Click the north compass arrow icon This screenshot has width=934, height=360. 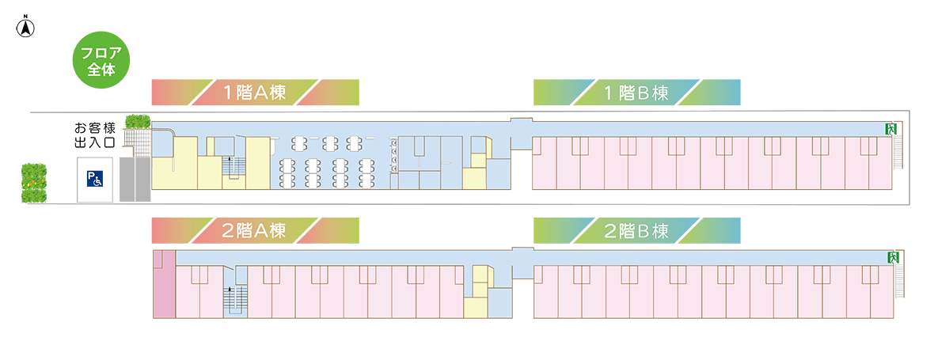pyautogui.click(x=26, y=28)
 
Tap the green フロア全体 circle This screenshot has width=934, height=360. pyautogui.click(x=101, y=60)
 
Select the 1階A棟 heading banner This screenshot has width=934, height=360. pyautogui.click(x=255, y=93)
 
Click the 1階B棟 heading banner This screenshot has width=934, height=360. pyautogui.click(x=636, y=93)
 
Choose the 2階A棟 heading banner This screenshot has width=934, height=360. pyautogui.click(x=255, y=231)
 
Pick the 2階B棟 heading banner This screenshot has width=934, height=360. pyautogui.click(x=636, y=231)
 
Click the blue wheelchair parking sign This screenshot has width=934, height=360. pyautogui.click(x=94, y=180)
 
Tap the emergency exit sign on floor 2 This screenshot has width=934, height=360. pyautogui.click(x=891, y=257)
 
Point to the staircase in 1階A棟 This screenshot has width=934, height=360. pyautogui.click(x=232, y=167)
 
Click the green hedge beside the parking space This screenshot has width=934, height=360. pyautogui.click(x=34, y=184)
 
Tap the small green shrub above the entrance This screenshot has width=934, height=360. pyautogui.click(x=138, y=122)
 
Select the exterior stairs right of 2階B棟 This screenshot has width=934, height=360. pyautogui.click(x=899, y=281)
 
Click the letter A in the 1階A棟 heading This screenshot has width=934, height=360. pyautogui.click(x=263, y=93)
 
